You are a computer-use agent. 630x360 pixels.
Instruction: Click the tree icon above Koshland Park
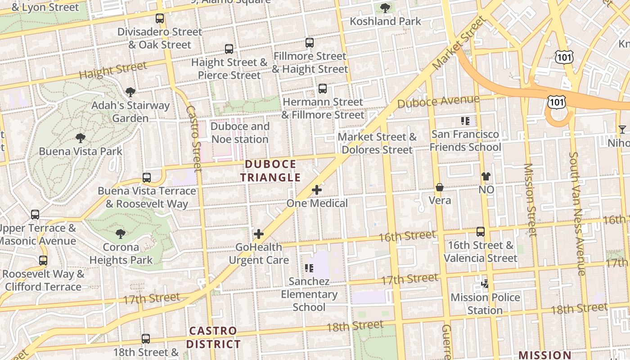tap(385, 8)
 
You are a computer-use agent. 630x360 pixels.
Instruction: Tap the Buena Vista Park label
tap(81, 151)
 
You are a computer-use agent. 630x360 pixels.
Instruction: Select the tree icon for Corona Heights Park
tap(120, 234)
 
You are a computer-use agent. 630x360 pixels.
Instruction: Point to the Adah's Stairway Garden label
tap(130, 112)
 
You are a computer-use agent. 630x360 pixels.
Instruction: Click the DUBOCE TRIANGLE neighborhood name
tap(270, 171)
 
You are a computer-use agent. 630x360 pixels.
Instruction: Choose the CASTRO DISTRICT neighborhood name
tap(213, 337)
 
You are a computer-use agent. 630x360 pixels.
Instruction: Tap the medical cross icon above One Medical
tap(317, 190)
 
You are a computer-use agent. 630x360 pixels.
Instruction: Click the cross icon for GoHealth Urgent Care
tap(259, 234)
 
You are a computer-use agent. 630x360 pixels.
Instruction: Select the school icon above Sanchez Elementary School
tap(309, 268)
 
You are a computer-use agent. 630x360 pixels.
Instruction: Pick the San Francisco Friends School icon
tap(465, 121)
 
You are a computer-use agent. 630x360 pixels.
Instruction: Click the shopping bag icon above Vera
tap(440, 187)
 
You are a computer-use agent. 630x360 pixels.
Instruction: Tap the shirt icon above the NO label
tap(486, 176)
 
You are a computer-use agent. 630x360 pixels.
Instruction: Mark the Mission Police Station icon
tap(485, 284)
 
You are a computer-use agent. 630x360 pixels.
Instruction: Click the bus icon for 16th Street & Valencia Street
tap(481, 232)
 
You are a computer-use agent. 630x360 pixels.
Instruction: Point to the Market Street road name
tap(459, 43)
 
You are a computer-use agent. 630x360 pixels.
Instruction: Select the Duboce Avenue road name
tap(438, 101)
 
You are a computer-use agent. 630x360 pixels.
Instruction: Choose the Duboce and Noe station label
tap(240, 133)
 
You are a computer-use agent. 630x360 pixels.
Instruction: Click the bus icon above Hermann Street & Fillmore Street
tap(323, 88)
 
